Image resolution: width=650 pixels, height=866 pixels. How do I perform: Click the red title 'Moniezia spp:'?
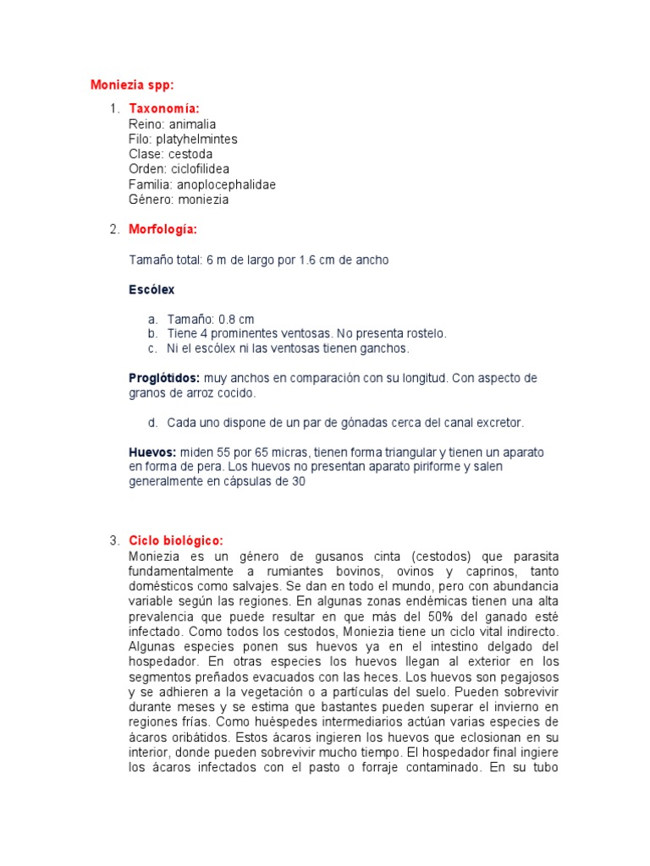point(132,85)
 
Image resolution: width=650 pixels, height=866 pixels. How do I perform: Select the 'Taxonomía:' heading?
point(164,108)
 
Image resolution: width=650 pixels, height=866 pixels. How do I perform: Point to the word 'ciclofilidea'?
point(200,169)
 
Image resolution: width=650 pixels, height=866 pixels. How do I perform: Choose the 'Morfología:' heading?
point(162,229)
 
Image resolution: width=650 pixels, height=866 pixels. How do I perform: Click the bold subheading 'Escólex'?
point(151,289)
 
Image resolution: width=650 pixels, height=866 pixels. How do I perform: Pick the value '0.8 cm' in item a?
point(236,320)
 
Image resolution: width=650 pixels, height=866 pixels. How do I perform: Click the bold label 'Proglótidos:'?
point(164,378)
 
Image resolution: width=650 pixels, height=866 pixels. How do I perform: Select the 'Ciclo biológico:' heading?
point(176,540)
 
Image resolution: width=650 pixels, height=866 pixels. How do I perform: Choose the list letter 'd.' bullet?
point(152,422)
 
